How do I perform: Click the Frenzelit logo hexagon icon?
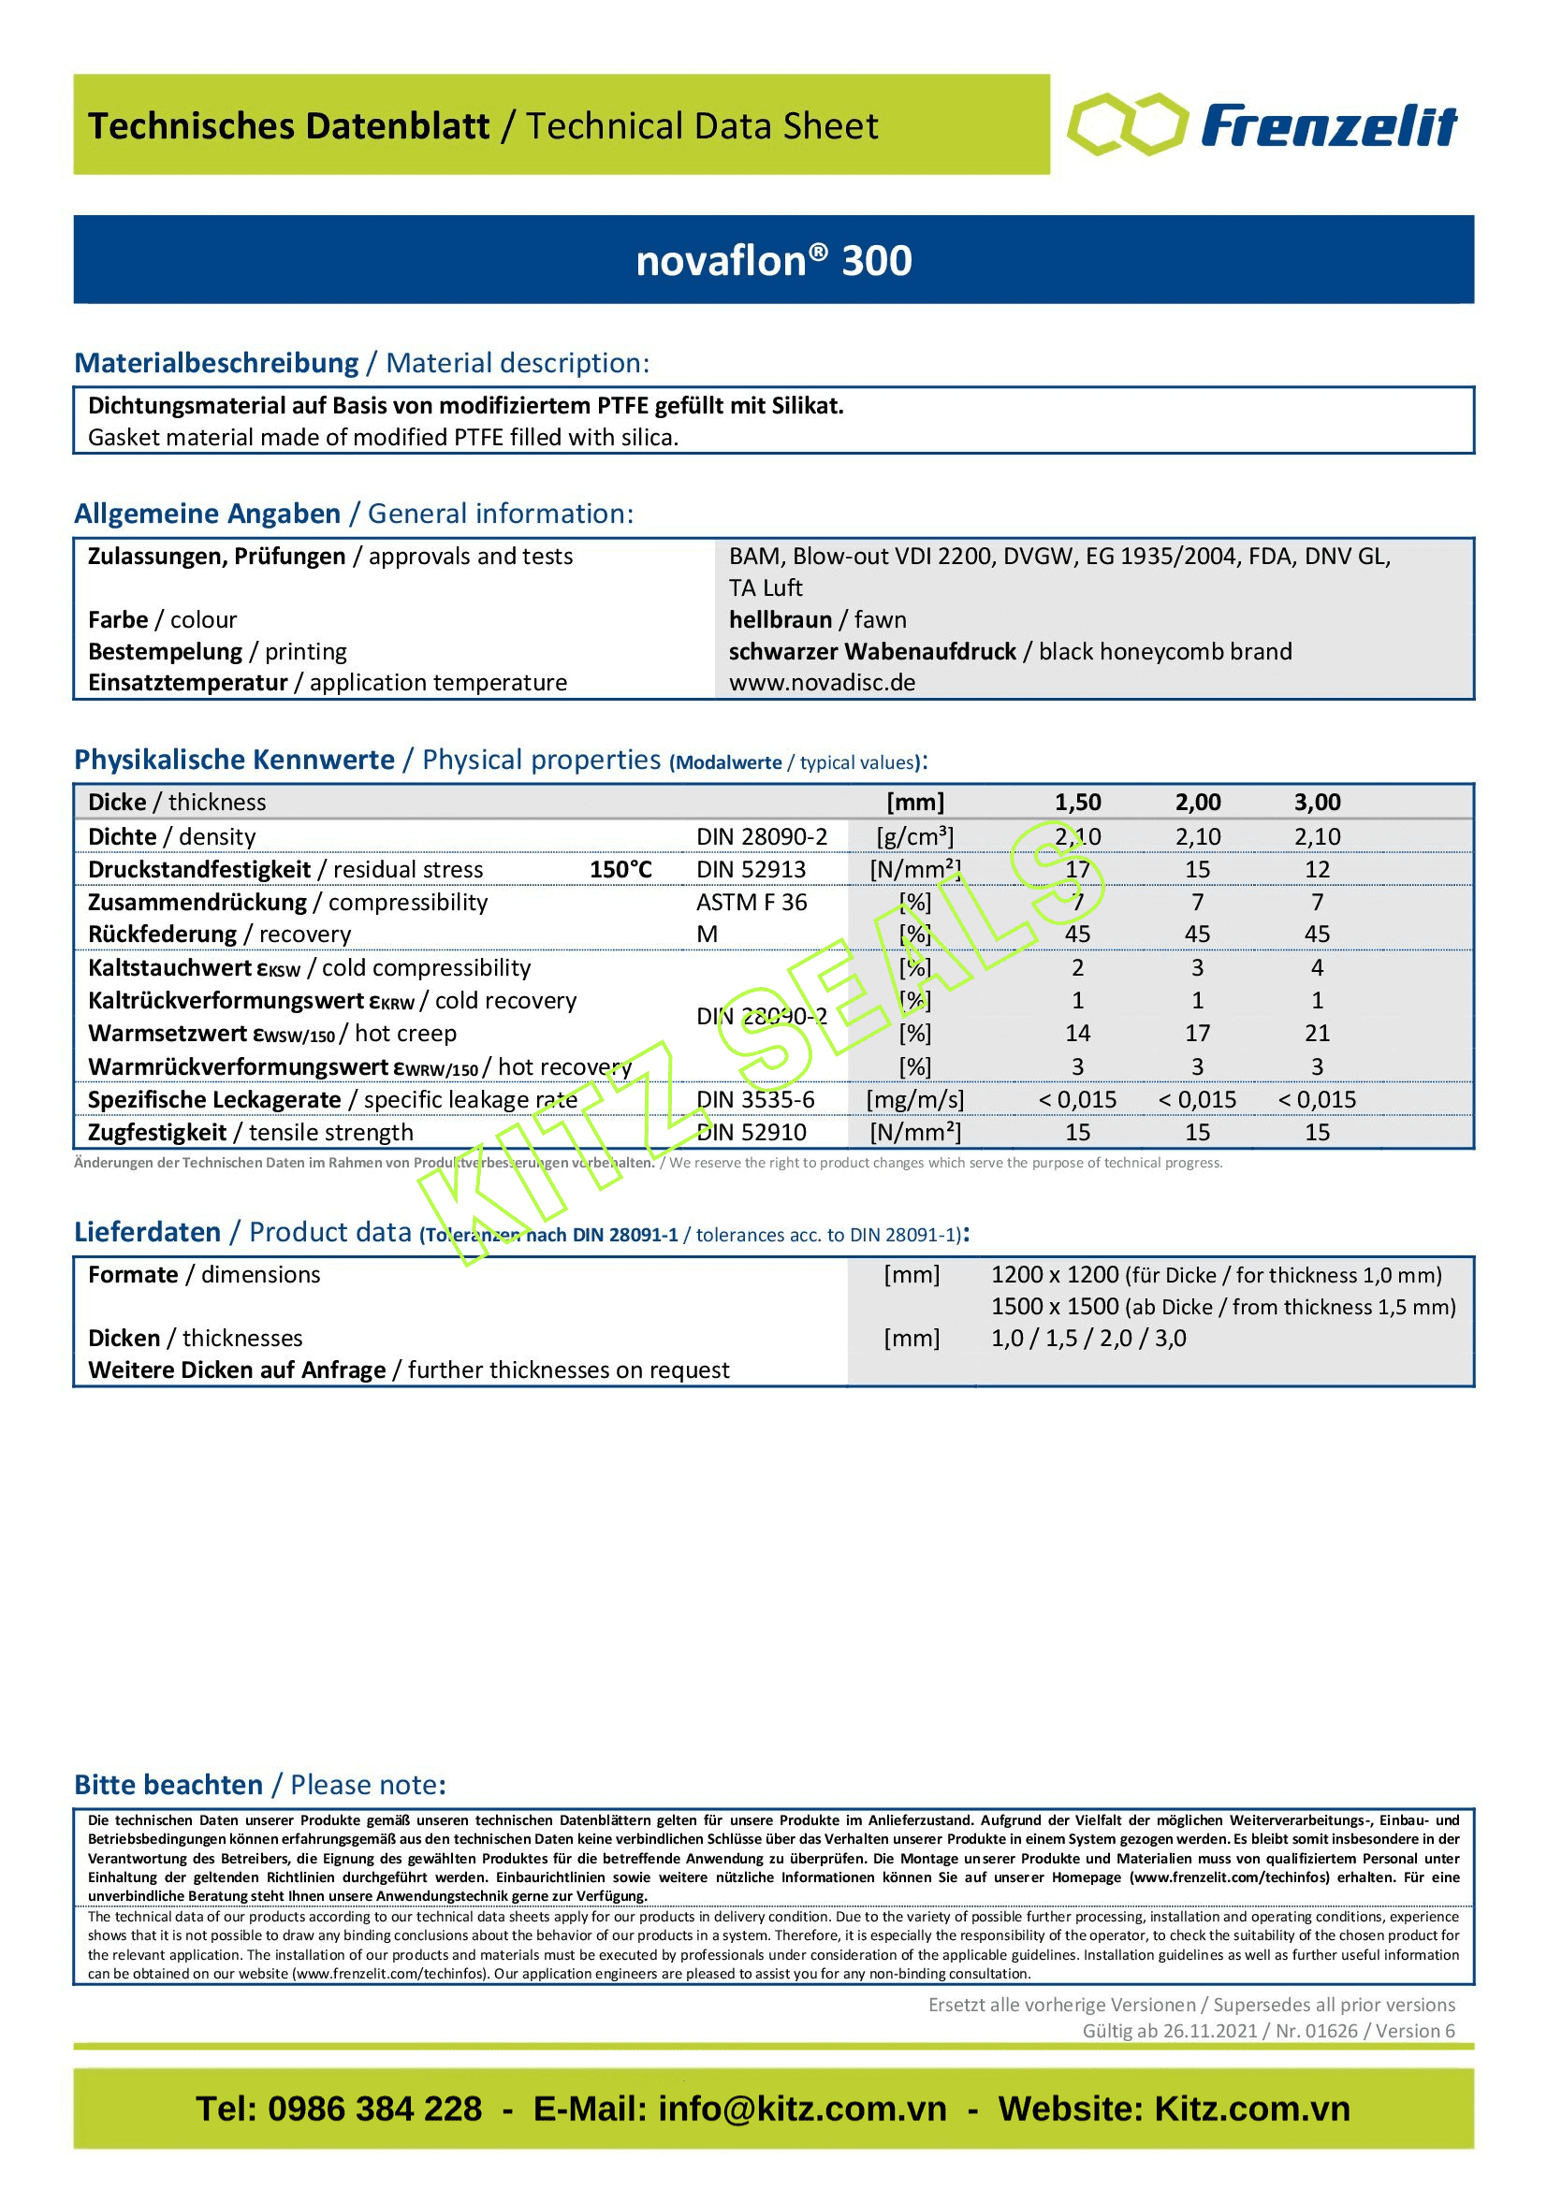coord(1127,123)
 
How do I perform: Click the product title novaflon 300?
coord(773,260)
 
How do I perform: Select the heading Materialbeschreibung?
coord(216,363)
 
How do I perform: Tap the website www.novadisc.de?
coord(822,682)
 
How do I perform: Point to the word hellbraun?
coord(780,619)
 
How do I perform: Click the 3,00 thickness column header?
coord(1317,803)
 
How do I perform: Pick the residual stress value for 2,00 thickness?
coord(1197,869)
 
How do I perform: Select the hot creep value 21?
coord(1317,1033)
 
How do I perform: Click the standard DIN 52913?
coord(752,869)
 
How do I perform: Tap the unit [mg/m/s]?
coord(914,1100)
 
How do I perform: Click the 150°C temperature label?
coord(620,869)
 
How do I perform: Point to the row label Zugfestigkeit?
coord(157,1132)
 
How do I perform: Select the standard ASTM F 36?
coord(752,902)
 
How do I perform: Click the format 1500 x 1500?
coord(1054,1307)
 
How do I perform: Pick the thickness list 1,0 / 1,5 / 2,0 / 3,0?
coord(1088,1338)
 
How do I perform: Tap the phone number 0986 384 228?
coord(374,2108)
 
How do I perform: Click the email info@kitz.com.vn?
coord(802,2108)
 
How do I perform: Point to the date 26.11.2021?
coord(1208,2031)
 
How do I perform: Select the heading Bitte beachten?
coord(168,1785)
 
